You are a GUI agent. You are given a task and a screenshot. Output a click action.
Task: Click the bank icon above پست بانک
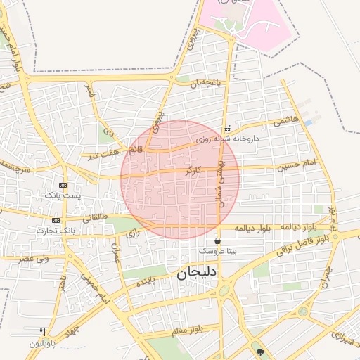(64, 185)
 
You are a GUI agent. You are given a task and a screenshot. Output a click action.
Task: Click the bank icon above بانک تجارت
(56, 220)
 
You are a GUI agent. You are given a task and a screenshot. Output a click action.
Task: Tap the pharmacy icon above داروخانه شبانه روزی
(227, 129)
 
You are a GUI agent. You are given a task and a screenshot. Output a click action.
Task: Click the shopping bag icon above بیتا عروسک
(217, 240)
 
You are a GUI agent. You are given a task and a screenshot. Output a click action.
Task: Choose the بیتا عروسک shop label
(217, 250)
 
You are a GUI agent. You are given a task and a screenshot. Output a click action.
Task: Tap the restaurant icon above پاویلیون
(42, 332)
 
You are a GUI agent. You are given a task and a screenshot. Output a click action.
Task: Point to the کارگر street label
(193, 171)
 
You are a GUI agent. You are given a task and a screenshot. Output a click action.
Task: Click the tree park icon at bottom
(261, 352)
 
